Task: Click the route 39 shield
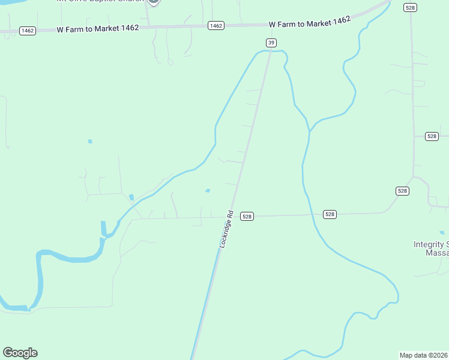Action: pos(272,42)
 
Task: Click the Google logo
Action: pos(20,353)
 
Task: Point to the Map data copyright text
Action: pos(424,355)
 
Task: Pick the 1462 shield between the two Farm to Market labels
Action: pos(216,25)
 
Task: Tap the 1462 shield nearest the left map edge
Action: pos(27,30)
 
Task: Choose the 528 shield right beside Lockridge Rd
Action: pos(247,216)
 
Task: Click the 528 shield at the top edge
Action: pos(411,7)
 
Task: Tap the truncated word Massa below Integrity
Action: pos(437,253)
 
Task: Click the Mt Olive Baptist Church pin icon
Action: pos(154,2)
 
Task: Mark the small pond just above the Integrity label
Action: pos(442,232)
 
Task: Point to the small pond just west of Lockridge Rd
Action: pos(208,191)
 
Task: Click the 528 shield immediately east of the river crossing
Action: pos(330,214)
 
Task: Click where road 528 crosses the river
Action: pos(312,214)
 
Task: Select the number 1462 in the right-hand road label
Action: pos(339,20)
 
